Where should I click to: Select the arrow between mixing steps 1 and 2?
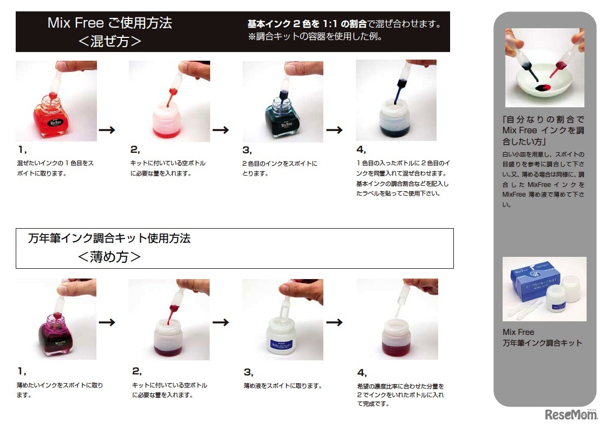pyautogui.click(x=107, y=130)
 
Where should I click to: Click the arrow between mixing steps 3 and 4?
pyautogui.click(x=334, y=130)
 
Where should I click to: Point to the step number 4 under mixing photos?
pyautogui.click(x=361, y=150)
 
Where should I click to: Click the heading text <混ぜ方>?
pyautogui.click(x=109, y=41)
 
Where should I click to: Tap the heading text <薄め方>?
pyautogui.click(x=109, y=256)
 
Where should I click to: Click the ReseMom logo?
pyautogui.click(x=571, y=414)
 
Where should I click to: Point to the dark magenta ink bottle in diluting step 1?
pyautogui.click(x=56, y=335)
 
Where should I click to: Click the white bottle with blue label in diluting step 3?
pyautogui.click(x=281, y=337)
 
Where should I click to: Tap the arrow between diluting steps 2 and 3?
pyautogui.click(x=220, y=322)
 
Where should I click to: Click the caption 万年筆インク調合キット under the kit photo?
pyautogui.click(x=542, y=343)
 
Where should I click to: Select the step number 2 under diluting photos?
pyautogui.click(x=136, y=371)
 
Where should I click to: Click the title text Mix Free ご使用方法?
pyautogui.click(x=109, y=23)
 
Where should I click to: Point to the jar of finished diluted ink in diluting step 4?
pyautogui.click(x=396, y=338)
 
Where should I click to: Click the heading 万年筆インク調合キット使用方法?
pyautogui.click(x=109, y=238)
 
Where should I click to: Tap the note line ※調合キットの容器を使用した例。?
pyautogui.click(x=315, y=37)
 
